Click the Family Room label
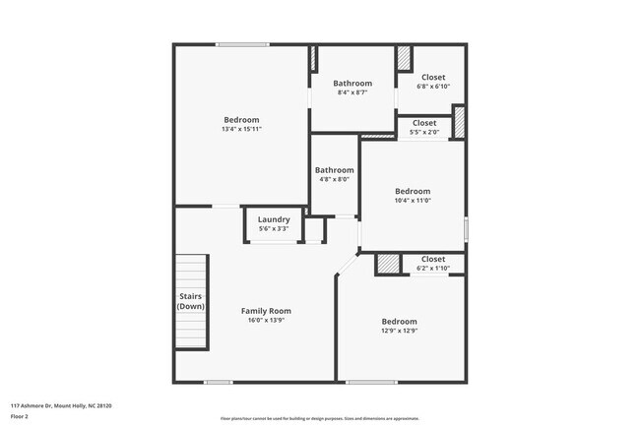[x=266, y=311]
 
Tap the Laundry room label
[x=274, y=219]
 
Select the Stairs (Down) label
[x=191, y=301]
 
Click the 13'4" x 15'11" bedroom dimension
[x=241, y=129]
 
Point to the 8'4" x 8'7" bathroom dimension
[x=352, y=92]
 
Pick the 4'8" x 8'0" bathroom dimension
[x=334, y=179]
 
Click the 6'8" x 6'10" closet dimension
[x=433, y=87]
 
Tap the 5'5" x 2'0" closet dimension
[x=423, y=132]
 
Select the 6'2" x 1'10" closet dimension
[x=432, y=268]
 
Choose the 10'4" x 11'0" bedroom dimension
[x=413, y=201]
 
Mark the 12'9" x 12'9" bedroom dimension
[x=399, y=331]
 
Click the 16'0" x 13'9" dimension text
[x=266, y=321]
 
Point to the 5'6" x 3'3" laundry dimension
[x=274, y=228]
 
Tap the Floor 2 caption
[x=21, y=417]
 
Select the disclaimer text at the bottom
[x=320, y=417]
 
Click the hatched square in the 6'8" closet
[x=405, y=58]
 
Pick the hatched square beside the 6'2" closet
[x=389, y=265]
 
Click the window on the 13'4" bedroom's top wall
[x=243, y=44]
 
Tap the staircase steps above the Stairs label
[x=192, y=271]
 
